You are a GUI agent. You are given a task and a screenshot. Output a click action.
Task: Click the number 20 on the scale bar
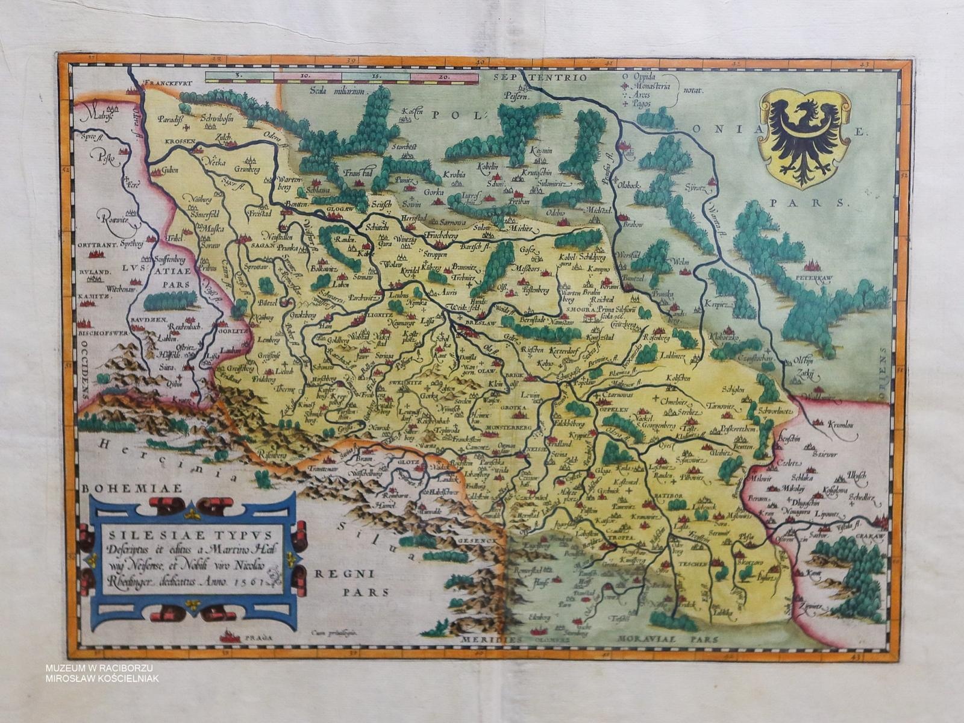pyautogui.click(x=445, y=77)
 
